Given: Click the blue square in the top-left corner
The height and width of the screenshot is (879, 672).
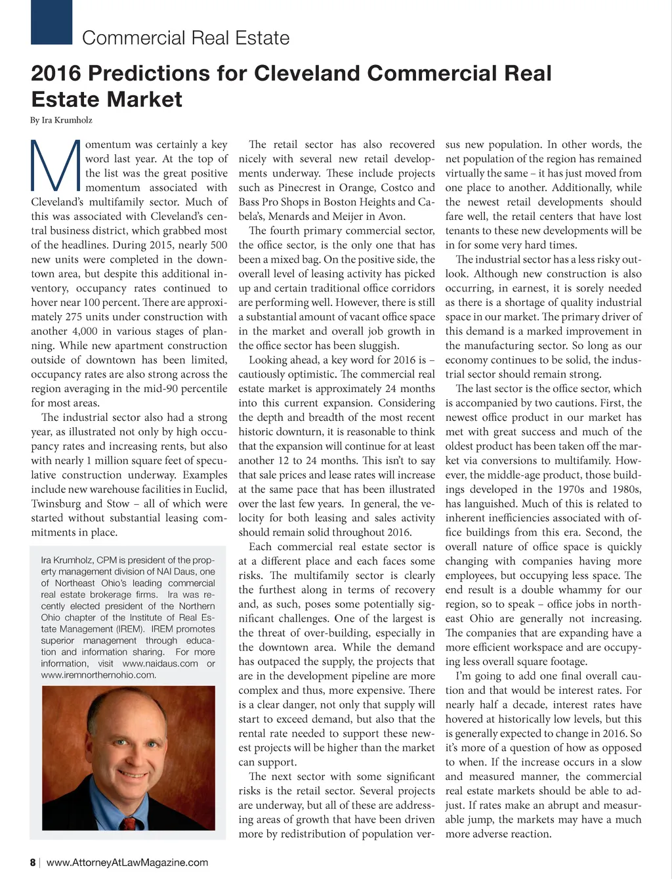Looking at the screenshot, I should [x=51, y=22].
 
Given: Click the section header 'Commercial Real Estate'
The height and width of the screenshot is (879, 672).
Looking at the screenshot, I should [x=186, y=38].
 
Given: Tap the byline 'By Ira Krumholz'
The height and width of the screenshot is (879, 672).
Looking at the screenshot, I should [x=61, y=120].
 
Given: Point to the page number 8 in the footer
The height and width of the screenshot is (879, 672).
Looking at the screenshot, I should [x=33, y=862].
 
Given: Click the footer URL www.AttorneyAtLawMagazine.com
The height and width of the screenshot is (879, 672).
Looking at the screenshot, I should [x=127, y=862].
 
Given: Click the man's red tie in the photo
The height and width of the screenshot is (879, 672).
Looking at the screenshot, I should [x=128, y=823].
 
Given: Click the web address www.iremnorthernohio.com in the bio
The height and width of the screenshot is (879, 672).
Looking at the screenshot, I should [x=98, y=675].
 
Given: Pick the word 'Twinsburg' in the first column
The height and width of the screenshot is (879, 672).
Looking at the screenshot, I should [x=56, y=504].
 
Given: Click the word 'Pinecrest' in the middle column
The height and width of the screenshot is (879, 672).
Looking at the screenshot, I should [x=308, y=188].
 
